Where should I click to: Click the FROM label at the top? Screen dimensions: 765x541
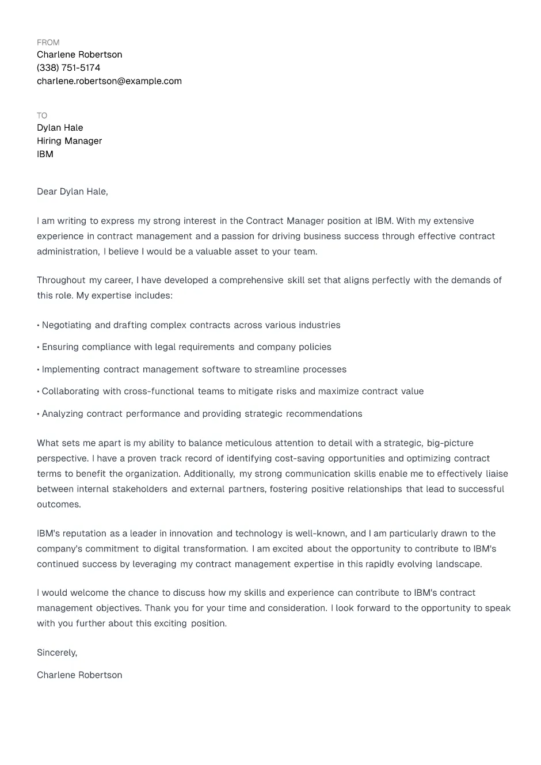pos(48,43)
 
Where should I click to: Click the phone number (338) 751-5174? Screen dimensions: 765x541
pos(68,68)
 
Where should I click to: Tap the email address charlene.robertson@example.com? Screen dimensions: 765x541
pos(109,81)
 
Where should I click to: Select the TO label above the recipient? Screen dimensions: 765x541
pos(42,116)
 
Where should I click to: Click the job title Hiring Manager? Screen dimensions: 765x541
pos(69,141)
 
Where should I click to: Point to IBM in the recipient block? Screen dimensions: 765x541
pos(45,154)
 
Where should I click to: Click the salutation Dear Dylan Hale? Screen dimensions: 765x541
pos(72,192)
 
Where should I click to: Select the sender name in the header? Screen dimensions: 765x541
pos(79,55)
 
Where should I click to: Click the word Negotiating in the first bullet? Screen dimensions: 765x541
pos(66,325)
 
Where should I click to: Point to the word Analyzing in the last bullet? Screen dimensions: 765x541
pos(63,414)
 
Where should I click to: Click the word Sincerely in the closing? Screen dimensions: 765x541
pos(56,653)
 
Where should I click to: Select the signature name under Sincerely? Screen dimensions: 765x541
pos(79,675)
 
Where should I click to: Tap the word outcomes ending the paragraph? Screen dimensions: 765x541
pos(58,504)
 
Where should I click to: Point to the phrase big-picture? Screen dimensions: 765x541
pos(450,443)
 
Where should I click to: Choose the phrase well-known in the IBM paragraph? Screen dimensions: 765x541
pos(321,534)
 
